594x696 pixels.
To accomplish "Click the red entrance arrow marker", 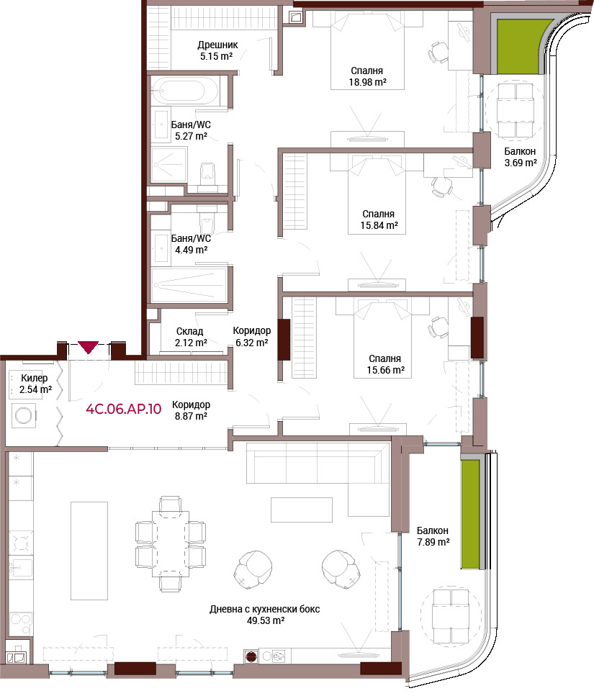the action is point(89,347).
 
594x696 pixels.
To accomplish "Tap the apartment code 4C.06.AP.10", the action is point(123,409).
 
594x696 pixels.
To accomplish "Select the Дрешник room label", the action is point(217,45).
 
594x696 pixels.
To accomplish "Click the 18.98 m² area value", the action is point(368,82).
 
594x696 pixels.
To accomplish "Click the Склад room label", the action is point(189,331).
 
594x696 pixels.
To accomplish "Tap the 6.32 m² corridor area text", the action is point(252,343).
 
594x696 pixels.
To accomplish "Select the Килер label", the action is point(34,378).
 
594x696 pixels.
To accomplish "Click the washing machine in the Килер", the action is point(24,416).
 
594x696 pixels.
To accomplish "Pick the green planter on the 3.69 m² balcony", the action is point(519,46).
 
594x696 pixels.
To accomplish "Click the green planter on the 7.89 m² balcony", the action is point(470,515).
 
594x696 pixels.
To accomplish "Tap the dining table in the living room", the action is point(171,543).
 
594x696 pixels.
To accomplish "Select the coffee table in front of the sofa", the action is point(302,510).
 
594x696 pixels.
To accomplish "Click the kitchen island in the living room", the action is point(89,551).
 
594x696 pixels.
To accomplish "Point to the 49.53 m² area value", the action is point(266,620).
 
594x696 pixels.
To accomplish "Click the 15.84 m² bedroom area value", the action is point(379,225).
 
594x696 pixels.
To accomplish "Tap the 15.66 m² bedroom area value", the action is point(385,370).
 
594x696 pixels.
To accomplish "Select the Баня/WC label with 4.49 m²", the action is point(191,239).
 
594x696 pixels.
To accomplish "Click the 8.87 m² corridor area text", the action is point(191,416).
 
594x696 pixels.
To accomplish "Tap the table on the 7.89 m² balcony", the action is point(451,615).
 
